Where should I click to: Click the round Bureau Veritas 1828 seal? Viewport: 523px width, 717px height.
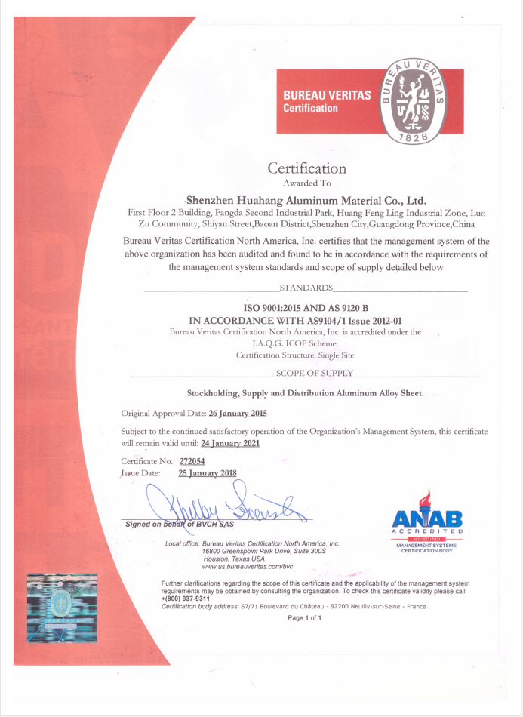click(x=410, y=101)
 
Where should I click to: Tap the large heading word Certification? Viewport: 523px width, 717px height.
click(x=307, y=168)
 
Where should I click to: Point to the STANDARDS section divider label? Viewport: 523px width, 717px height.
click(x=306, y=288)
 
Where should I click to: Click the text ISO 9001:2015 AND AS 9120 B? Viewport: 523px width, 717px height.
click(x=305, y=308)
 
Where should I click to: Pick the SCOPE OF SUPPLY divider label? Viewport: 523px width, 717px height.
click(x=315, y=373)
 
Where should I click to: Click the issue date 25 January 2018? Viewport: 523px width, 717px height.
click(x=207, y=472)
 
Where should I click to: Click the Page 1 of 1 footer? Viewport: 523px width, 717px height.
click(x=305, y=617)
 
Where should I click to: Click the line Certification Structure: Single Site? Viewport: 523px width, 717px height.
click(x=294, y=355)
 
